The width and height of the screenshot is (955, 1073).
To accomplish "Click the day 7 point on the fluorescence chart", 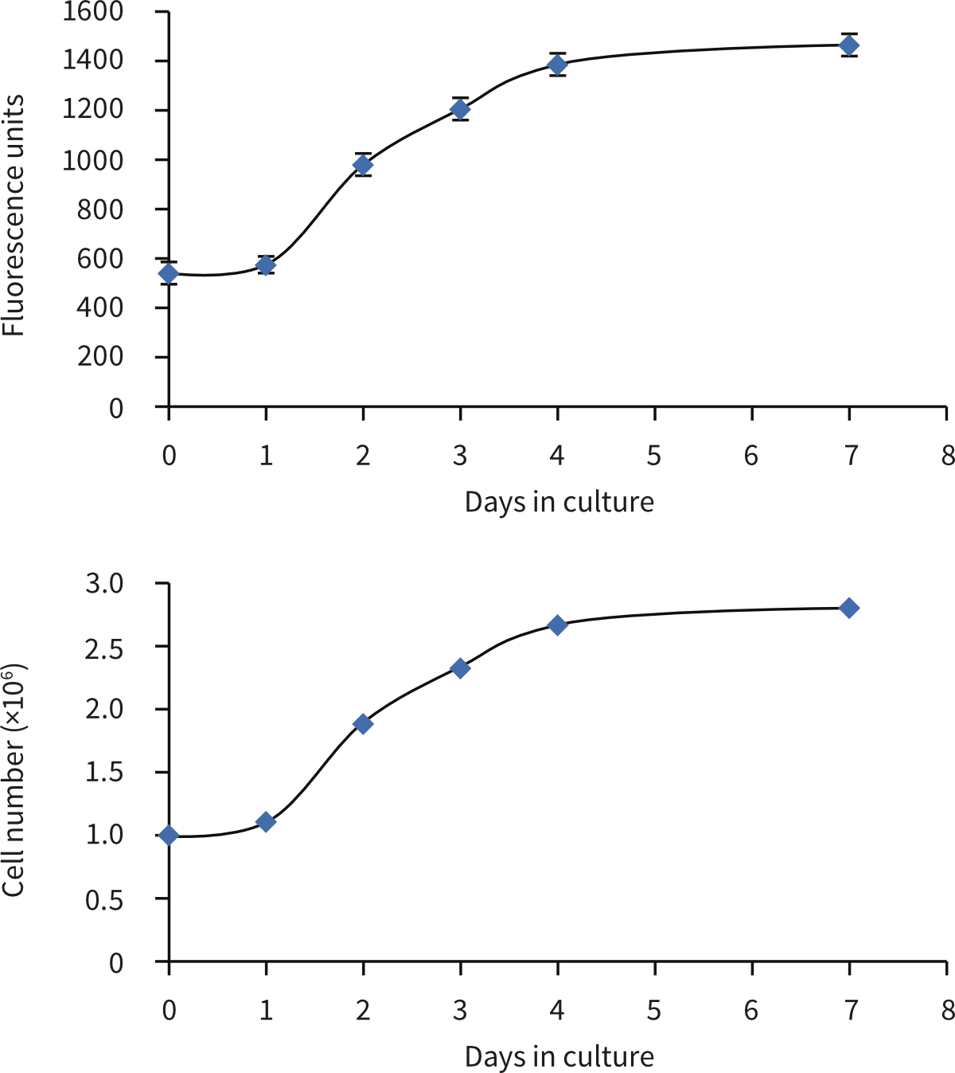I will pyautogui.click(x=849, y=45).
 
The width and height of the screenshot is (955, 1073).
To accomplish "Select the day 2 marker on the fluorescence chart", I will pyautogui.click(x=363, y=165).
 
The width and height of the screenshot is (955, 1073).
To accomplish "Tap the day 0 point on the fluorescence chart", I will pyautogui.click(x=169, y=274).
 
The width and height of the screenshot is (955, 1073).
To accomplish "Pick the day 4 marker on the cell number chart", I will pyautogui.click(x=557, y=625).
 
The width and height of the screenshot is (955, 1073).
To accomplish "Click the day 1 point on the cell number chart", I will pyautogui.click(x=266, y=822).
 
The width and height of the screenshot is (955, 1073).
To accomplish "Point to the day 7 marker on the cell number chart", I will pyautogui.click(x=849, y=608).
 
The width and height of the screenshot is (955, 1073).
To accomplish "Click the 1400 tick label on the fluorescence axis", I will pyautogui.click(x=93, y=61).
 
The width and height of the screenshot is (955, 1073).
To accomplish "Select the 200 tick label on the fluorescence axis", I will pyautogui.click(x=100, y=357).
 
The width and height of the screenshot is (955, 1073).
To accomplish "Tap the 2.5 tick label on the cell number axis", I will pyautogui.click(x=105, y=647).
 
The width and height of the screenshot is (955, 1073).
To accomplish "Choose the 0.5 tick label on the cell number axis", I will pyautogui.click(x=105, y=899).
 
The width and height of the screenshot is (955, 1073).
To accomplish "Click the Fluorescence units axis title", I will pyautogui.click(x=14, y=215).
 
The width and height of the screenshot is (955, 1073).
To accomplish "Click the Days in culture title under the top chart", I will pyautogui.click(x=559, y=503).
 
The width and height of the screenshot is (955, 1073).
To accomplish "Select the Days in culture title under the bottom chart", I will pyautogui.click(x=559, y=1057).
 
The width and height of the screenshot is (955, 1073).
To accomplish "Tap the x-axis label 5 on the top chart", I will pyautogui.click(x=654, y=456).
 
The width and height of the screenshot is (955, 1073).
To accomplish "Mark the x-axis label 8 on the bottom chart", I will pyautogui.click(x=947, y=1011).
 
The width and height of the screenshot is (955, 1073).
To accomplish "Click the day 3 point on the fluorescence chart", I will pyautogui.click(x=460, y=109).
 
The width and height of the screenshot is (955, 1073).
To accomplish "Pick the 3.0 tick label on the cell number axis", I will pyautogui.click(x=105, y=584).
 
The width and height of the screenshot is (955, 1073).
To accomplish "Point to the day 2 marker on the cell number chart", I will pyautogui.click(x=363, y=724).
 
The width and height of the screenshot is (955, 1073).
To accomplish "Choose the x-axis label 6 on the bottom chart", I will pyautogui.click(x=751, y=1011).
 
